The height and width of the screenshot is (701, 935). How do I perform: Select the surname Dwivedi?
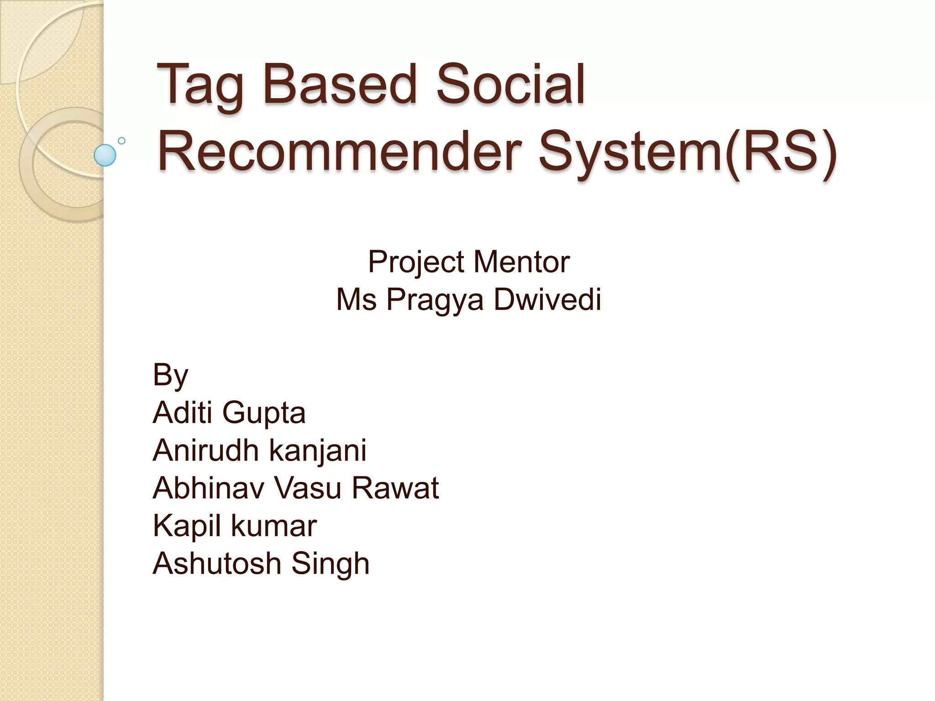pyautogui.click(x=547, y=299)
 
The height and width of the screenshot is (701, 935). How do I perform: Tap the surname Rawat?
pyautogui.click(x=395, y=487)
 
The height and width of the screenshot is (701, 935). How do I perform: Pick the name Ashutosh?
pyautogui.click(x=217, y=563)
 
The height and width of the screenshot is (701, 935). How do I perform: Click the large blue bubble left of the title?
pyautogui.click(x=105, y=155)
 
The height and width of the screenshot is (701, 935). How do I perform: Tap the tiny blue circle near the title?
pyautogui.click(x=121, y=141)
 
